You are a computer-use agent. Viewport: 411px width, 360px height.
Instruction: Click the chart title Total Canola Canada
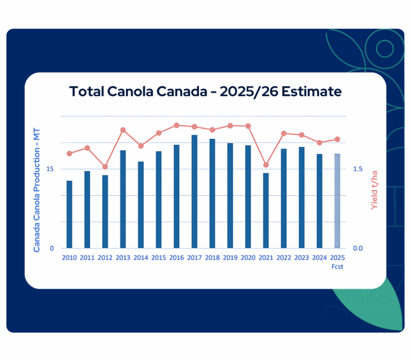pyautogui.click(x=205, y=91)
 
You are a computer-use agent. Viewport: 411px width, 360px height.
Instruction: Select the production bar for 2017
pyautogui.click(x=194, y=192)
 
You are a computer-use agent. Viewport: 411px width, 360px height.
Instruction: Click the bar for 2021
pyautogui.click(x=265, y=210)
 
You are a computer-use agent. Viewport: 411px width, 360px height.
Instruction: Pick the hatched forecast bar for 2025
pyautogui.click(x=337, y=201)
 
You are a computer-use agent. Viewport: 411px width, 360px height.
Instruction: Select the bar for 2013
pyautogui.click(x=123, y=199)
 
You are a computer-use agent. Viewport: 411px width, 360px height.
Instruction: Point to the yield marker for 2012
pyautogui.click(x=105, y=167)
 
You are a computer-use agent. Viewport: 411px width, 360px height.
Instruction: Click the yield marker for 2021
pyautogui.click(x=265, y=165)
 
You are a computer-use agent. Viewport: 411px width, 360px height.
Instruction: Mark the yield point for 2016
pyautogui.click(x=177, y=125)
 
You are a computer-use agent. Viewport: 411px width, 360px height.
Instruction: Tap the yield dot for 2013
pyautogui.click(x=123, y=130)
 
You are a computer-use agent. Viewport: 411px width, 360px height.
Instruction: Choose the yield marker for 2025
pyautogui.click(x=337, y=139)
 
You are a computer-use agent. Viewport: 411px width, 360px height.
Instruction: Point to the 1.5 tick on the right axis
pyautogui.click(x=358, y=169)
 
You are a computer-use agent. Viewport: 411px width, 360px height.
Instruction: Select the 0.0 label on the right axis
pyautogui.click(x=358, y=248)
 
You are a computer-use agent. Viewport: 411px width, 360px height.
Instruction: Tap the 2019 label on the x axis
pyautogui.click(x=230, y=258)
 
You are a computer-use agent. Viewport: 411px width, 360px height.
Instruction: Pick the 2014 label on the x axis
pyautogui.click(x=141, y=258)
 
